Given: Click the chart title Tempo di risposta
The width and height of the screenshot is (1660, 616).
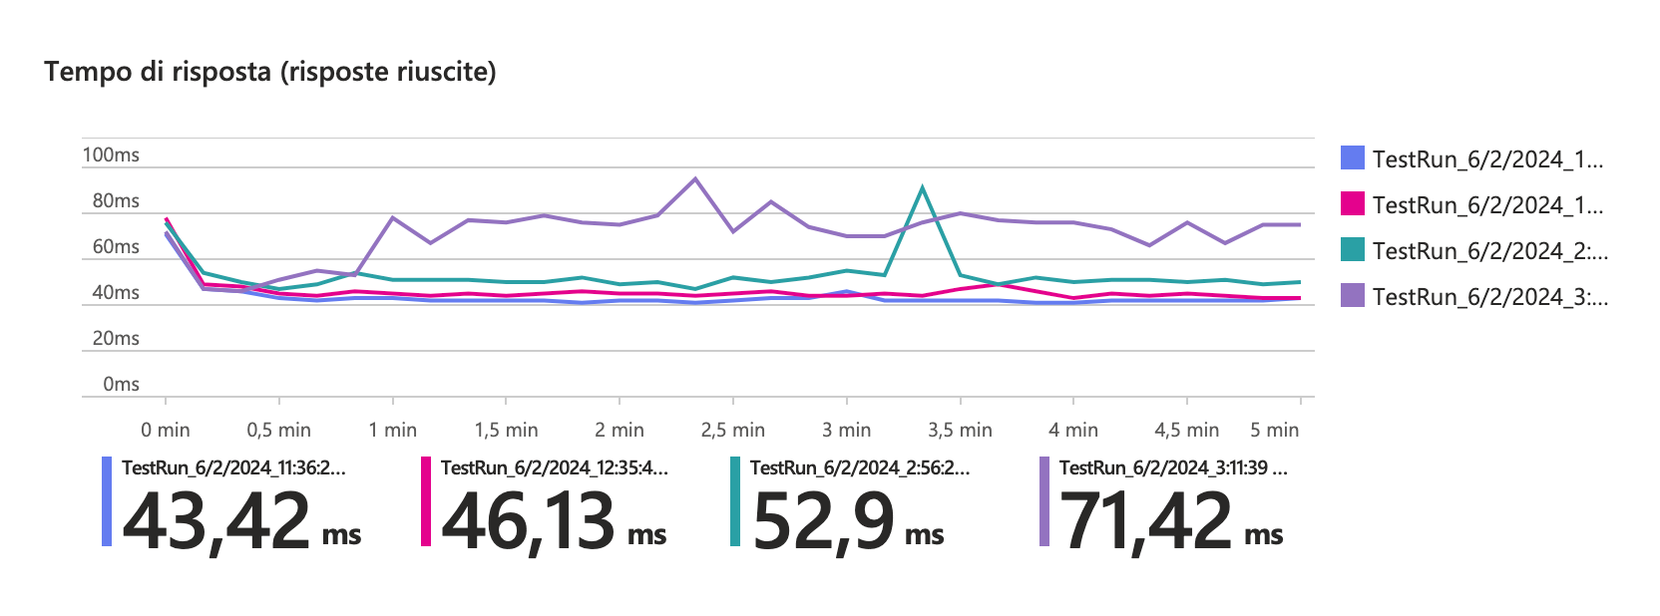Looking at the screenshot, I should point(269,72).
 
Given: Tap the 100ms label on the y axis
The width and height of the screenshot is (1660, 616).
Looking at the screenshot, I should point(111,154).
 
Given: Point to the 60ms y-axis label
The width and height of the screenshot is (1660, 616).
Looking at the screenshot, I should point(116,246).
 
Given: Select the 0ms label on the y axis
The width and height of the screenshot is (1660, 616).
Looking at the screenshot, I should point(121,384).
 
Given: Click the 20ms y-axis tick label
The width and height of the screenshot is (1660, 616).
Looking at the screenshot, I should point(116,338).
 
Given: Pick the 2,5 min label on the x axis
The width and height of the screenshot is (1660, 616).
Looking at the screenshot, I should point(732,430).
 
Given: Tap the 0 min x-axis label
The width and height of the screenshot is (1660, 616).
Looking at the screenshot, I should point(166,430).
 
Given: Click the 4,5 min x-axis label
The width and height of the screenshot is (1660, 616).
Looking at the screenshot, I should point(1186,430).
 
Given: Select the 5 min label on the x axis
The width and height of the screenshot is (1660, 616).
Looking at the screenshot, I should point(1274,430).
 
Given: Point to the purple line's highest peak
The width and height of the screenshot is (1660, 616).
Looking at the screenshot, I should point(695,179).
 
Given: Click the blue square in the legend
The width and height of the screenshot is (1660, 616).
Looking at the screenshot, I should point(1352,157).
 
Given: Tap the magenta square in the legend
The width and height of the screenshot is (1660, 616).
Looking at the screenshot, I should point(1352,203).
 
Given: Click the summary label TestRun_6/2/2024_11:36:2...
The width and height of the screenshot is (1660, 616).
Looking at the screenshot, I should point(233,467).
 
